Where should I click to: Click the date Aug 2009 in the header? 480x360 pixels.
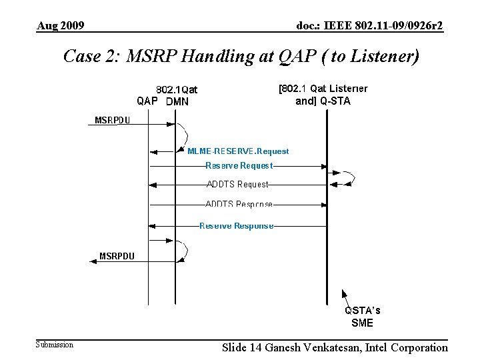click(61, 26)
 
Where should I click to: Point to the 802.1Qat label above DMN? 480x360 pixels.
click(177, 89)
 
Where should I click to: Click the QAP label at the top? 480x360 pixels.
click(147, 101)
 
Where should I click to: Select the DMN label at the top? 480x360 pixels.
click(177, 102)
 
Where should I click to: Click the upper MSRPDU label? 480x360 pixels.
click(113, 121)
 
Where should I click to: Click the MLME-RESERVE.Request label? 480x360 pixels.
click(238, 151)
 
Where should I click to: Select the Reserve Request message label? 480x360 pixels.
click(239, 165)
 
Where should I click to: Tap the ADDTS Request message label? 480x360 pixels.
click(237, 184)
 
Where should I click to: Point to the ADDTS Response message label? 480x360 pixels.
click(239, 204)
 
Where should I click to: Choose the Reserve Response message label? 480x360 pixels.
click(237, 225)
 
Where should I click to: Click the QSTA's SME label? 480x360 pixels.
click(363, 317)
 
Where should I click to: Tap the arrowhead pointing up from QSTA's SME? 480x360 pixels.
click(344, 292)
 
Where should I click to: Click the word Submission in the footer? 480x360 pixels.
click(55, 345)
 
